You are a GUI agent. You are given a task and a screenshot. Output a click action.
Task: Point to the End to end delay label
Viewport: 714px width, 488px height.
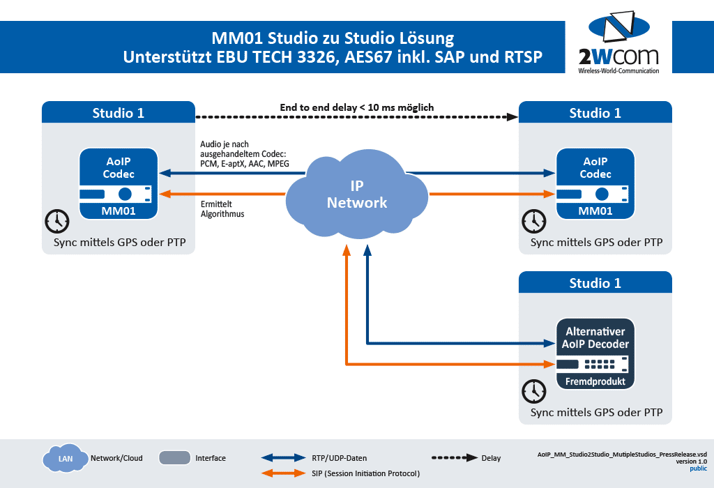coord(357,107)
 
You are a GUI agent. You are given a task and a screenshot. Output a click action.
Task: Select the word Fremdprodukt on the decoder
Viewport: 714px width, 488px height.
coord(595,381)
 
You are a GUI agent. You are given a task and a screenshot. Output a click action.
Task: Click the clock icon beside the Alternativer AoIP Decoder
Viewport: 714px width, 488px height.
coord(534,390)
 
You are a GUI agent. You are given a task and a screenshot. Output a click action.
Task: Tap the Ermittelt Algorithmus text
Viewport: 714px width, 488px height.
coord(222,209)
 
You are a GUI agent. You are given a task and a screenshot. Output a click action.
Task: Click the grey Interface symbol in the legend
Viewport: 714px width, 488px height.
coord(175,458)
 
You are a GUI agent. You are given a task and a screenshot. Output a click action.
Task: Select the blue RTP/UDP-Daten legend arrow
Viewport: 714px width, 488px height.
coord(283,458)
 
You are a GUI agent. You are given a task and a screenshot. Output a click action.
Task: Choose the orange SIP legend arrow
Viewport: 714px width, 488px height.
coord(283,474)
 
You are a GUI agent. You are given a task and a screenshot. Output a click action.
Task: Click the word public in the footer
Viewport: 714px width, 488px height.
coord(698,468)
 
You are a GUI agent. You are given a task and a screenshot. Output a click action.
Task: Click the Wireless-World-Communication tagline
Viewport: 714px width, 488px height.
coord(618,71)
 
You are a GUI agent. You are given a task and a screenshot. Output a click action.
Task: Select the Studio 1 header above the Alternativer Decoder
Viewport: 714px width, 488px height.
coord(595,284)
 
